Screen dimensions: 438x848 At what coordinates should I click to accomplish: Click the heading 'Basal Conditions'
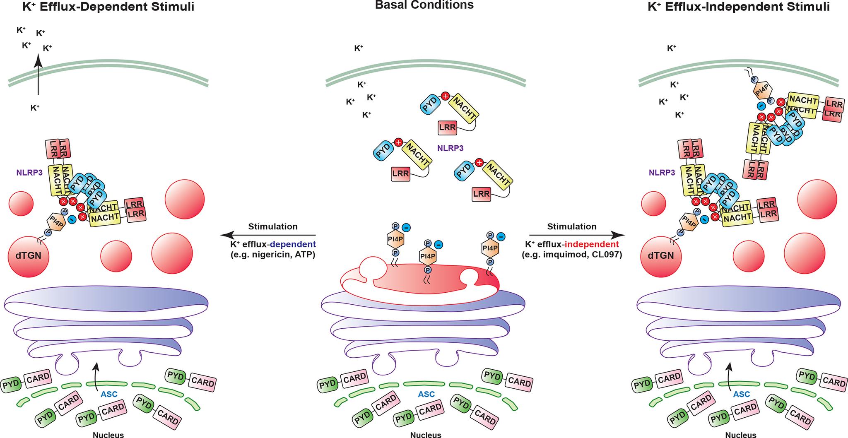(x=424, y=5)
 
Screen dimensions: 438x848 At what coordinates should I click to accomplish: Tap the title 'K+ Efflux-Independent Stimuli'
(x=739, y=7)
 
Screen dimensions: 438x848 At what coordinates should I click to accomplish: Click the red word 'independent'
(x=596, y=244)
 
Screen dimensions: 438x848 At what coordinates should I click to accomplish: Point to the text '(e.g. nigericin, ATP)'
(x=273, y=255)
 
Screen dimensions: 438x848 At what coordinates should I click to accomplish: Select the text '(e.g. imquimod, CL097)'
(x=572, y=255)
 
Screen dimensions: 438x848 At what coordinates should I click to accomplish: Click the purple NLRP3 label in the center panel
(x=450, y=148)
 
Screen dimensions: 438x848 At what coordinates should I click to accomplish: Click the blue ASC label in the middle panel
(x=426, y=394)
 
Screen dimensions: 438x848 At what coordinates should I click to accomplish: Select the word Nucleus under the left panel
(x=108, y=435)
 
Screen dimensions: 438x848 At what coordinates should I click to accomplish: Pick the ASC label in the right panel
(x=741, y=394)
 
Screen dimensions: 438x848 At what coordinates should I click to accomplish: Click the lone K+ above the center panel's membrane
(x=359, y=48)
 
